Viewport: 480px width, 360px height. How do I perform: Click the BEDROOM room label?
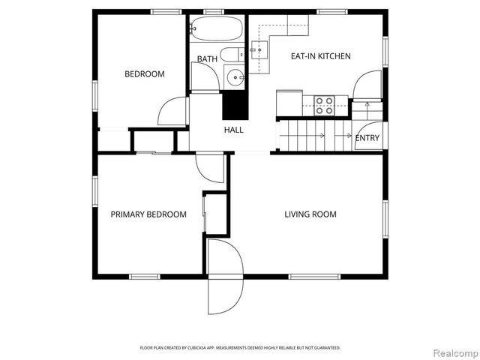click(x=144, y=74)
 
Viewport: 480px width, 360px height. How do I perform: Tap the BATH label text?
click(x=207, y=58)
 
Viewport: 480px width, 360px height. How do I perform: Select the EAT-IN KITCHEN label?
click(x=320, y=56)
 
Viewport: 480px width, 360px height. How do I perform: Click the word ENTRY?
click(x=367, y=138)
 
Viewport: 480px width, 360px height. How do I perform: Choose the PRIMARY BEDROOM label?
click(x=148, y=214)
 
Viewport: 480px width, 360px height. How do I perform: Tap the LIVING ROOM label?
click(x=310, y=214)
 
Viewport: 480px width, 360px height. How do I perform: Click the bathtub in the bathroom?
click(x=215, y=31)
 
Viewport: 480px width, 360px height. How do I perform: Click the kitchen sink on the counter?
click(x=259, y=51)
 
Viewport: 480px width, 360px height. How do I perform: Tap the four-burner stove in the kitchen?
click(x=325, y=105)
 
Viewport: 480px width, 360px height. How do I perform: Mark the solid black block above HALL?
click(x=235, y=104)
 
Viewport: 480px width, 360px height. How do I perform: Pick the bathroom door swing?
click(x=204, y=77)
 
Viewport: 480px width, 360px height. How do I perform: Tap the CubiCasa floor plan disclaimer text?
click(x=240, y=348)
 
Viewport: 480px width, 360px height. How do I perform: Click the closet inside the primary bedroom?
click(x=215, y=213)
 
